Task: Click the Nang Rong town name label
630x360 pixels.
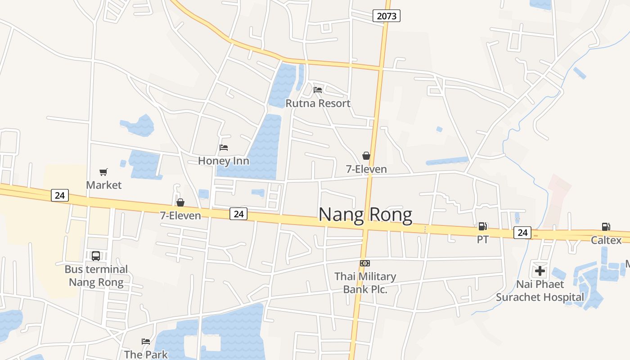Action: coord(365,215)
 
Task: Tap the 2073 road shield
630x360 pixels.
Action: coord(387,16)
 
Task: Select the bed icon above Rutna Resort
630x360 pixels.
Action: coord(318,90)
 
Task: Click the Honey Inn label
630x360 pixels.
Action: coord(223,161)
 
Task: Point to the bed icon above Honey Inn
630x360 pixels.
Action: coord(224,147)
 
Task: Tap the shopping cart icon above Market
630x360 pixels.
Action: coord(103,172)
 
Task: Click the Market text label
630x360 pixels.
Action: coord(103,185)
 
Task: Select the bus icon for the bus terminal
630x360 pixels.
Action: coord(96,256)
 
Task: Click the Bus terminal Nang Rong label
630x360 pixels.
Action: coord(96,276)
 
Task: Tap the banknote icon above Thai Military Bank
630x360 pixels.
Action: coord(364,263)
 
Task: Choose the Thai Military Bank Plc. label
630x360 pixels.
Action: coord(365,283)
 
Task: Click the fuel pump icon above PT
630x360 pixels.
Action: coord(482,226)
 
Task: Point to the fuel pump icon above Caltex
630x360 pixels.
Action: coord(606,227)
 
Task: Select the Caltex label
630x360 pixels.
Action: coord(606,240)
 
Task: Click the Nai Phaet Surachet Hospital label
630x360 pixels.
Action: coord(540,291)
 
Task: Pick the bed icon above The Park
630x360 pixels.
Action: coord(146,341)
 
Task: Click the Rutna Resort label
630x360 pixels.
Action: coord(318,103)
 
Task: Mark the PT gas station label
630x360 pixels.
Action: coord(482,240)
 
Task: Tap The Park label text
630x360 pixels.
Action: coord(146,354)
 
